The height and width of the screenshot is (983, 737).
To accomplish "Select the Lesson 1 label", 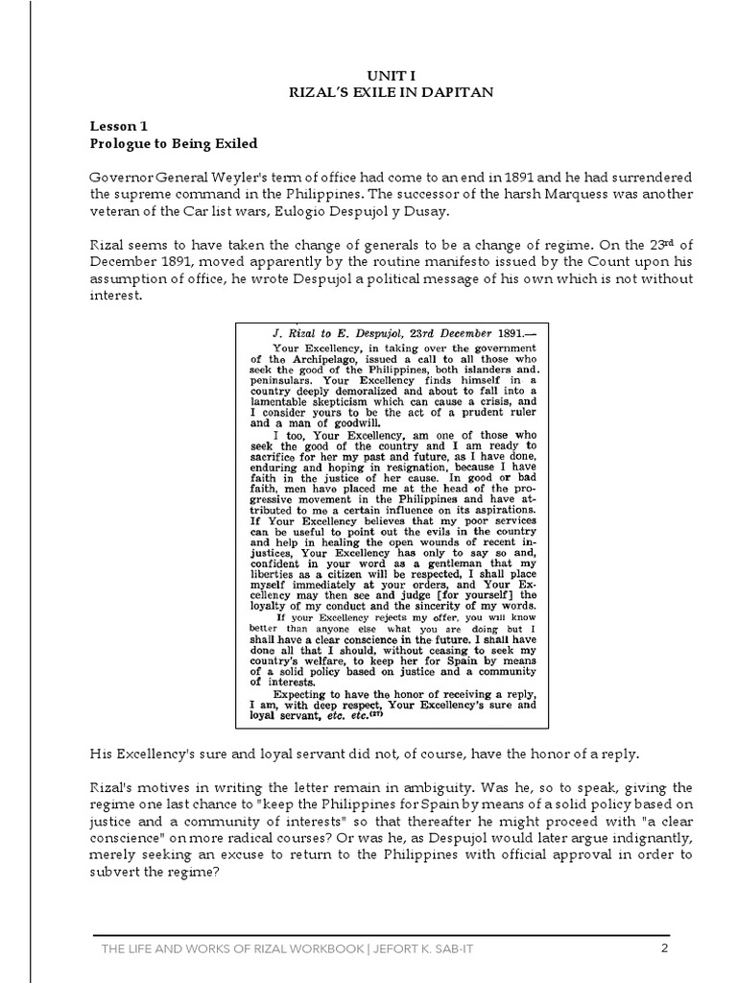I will coord(119,126).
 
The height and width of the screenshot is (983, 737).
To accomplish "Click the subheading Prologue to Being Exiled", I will coord(174,144).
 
